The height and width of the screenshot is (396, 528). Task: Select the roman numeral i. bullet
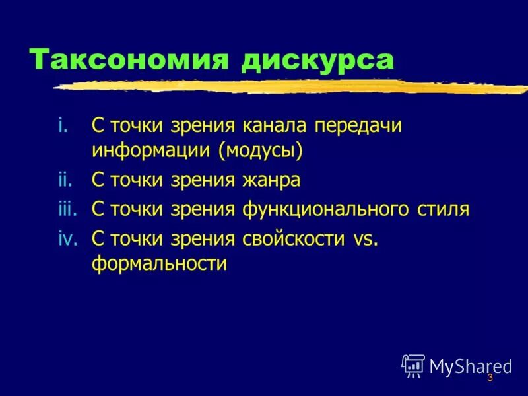tap(63, 126)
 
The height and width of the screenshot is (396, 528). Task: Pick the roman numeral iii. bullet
tap(67, 209)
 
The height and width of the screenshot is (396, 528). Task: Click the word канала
tap(273, 126)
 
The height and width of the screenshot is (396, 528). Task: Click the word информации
tap(152, 150)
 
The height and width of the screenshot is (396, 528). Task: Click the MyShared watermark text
tap(471, 366)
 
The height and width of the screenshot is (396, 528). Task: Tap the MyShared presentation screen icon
tap(413, 365)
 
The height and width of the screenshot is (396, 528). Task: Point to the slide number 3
tap(490, 378)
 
